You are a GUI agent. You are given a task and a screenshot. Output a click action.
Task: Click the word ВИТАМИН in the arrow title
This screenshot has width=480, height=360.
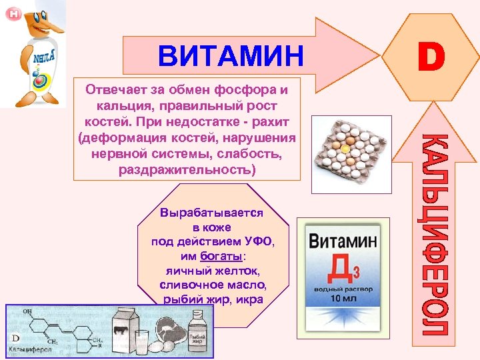[231, 55]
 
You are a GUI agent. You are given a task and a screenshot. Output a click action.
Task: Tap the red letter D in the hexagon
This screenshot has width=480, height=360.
[431, 57]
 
